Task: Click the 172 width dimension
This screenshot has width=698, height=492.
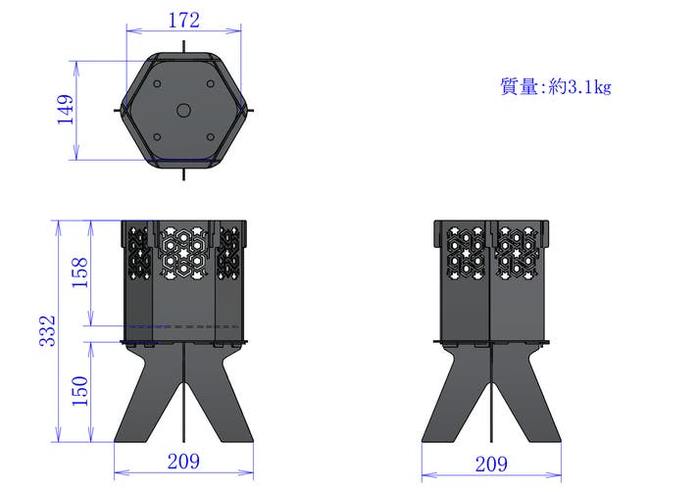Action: click(184, 21)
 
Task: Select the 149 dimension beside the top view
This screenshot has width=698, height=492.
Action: click(65, 110)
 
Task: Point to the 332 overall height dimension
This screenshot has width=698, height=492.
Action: click(47, 330)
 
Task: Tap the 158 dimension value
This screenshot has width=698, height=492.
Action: click(80, 272)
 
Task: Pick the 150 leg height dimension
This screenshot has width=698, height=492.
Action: click(80, 391)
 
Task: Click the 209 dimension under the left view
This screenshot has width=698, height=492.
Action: click(183, 462)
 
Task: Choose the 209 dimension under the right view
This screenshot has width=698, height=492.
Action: click(491, 465)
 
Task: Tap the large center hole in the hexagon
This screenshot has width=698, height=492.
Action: click(183, 111)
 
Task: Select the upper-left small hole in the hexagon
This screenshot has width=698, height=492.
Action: click(157, 83)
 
